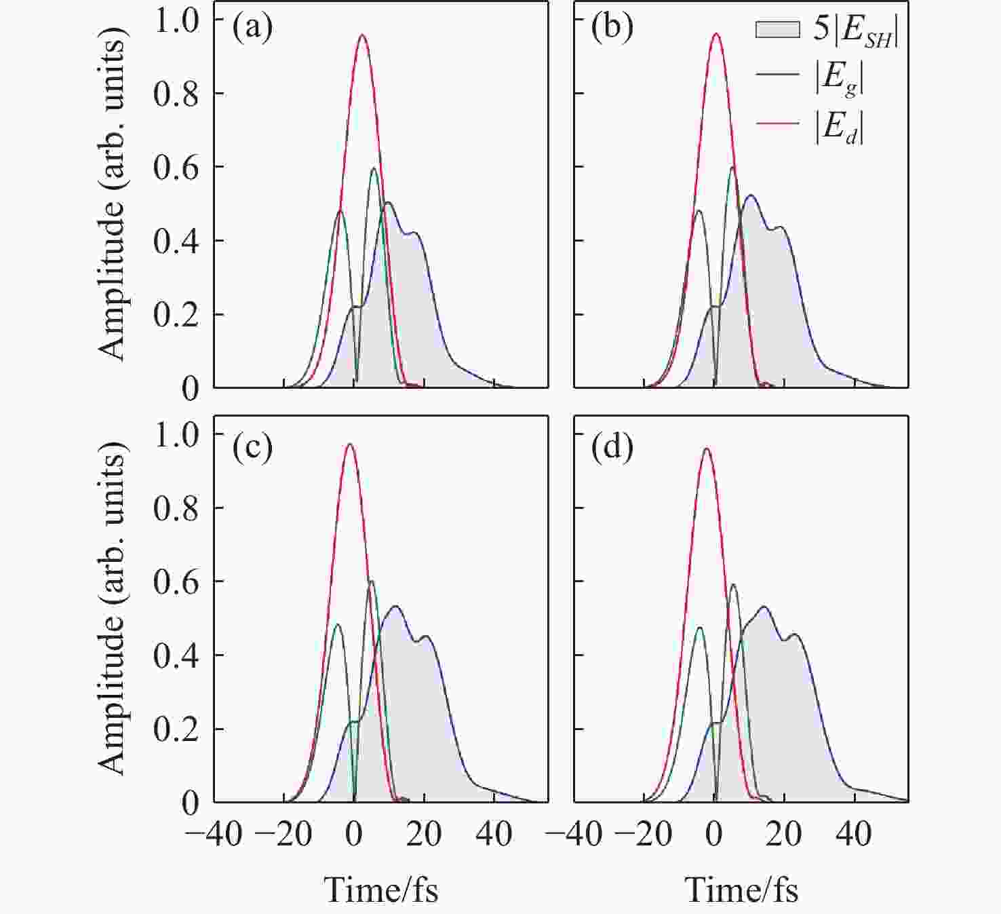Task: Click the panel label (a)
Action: tap(252, 29)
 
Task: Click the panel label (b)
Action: tap(612, 29)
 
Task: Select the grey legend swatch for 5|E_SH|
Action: tap(778, 30)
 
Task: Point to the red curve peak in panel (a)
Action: tap(362, 35)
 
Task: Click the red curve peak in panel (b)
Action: tap(716, 34)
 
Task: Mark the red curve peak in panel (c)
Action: tap(350, 444)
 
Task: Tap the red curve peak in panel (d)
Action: tap(707, 449)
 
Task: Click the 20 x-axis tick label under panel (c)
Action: tap(424, 834)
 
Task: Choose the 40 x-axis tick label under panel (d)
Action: tap(854, 834)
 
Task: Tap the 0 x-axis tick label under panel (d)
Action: tap(714, 834)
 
